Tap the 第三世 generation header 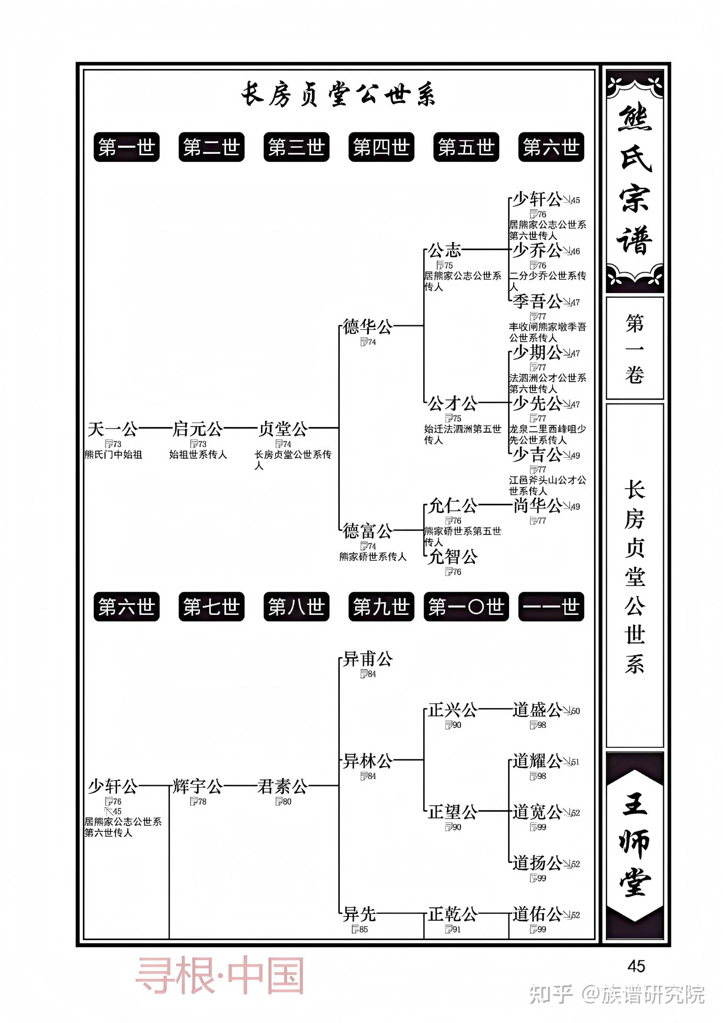point(296,147)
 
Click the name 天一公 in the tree point(113,429)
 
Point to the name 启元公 point(197,429)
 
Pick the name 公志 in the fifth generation point(444,250)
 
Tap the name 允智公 point(453,557)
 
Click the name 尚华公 point(537,506)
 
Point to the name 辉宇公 point(197,786)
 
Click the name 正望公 point(453,812)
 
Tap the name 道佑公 point(537,914)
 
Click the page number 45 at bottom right point(636,966)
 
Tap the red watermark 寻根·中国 point(220,975)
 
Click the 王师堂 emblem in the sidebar point(635,845)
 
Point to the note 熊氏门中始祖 point(114,455)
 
